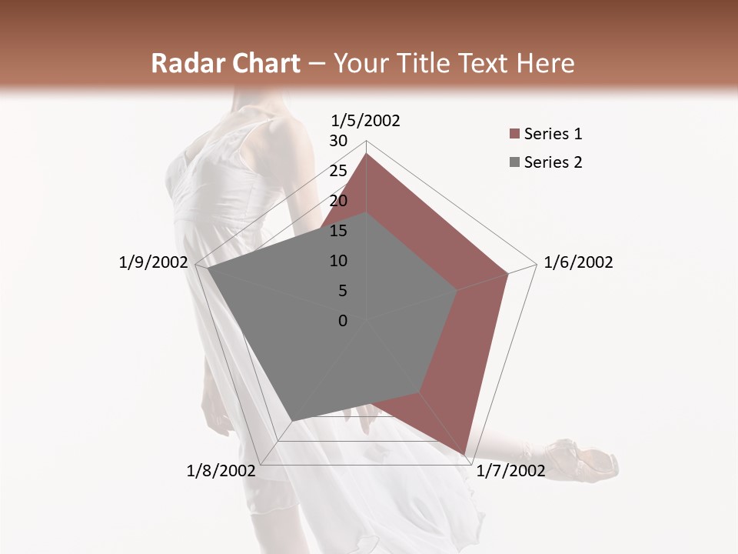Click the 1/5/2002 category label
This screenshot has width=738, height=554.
tap(366, 120)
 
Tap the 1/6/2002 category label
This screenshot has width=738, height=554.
tap(578, 262)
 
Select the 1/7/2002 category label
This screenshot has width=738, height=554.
tap(510, 471)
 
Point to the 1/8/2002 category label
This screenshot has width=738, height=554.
tap(221, 471)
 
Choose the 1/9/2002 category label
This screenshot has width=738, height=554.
tap(154, 262)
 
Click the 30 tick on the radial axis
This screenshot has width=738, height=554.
tap(338, 141)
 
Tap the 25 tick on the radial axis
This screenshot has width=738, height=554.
tap(338, 171)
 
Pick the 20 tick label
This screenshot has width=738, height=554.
tap(338, 201)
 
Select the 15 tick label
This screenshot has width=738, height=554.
tap(338, 231)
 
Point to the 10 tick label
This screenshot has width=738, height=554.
tap(338, 261)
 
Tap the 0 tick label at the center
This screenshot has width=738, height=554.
tap(343, 321)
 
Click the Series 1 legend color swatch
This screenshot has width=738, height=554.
tap(514, 135)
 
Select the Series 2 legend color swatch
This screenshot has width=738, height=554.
tap(514, 162)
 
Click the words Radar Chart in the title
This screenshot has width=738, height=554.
tap(225, 64)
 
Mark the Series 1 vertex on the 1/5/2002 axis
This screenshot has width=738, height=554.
tap(366, 153)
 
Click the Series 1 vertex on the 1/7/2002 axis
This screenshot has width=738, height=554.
tap(465, 455)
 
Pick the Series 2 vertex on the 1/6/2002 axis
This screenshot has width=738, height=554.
tap(457, 290)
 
